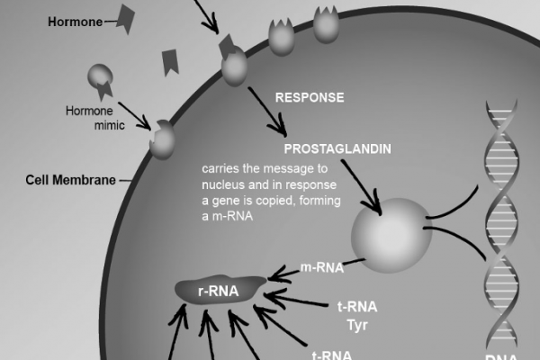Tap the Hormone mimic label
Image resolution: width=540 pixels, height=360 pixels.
point(88,120)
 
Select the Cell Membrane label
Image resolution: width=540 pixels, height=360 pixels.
point(70,179)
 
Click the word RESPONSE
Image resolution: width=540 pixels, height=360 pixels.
point(310,97)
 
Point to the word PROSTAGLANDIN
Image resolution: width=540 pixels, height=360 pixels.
point(337,149)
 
